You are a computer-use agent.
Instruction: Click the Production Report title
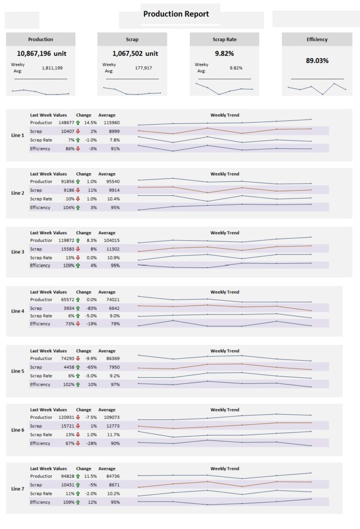[176, 14]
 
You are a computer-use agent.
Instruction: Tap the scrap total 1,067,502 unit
[135, 53]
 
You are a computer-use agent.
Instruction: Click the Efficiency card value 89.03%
[317, 60]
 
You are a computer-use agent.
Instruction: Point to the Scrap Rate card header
[225, 40]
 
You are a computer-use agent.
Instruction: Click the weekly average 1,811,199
[52, 68]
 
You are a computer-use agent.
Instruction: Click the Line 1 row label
[18, 135]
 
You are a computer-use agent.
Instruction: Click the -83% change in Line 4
[91, 308]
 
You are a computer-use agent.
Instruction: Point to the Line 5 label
[18, 371]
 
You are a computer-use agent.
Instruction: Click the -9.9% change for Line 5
[91, 358]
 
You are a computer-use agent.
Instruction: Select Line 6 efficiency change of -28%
[91, 443]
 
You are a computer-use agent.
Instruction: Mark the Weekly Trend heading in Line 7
[225, 469]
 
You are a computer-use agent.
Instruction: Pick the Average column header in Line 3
[107, 233]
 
